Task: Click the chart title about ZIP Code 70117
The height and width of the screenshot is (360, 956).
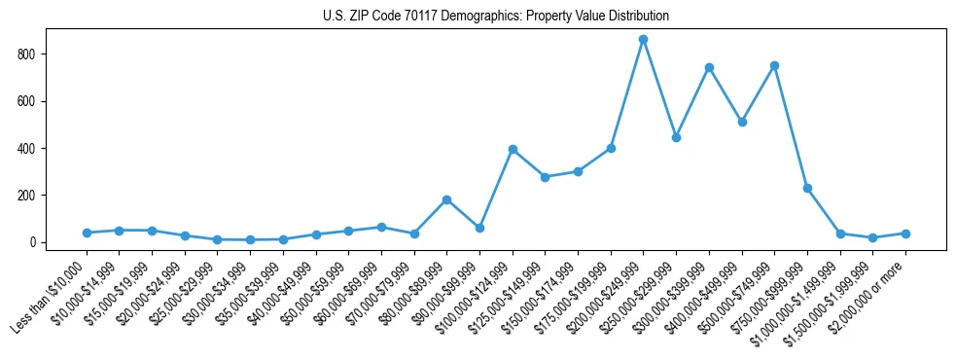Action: tap(496, 17)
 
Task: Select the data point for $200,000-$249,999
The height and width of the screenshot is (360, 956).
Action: tap(643, 39)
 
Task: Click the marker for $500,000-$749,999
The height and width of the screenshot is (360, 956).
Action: tap(774, 65)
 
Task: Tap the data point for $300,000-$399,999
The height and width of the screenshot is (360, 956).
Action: tap(709, 67)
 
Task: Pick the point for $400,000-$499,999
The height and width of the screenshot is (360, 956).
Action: tap(742, 122)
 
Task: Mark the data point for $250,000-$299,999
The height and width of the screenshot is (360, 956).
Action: tap(676, 137)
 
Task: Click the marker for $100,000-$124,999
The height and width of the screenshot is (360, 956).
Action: tap(513, 149)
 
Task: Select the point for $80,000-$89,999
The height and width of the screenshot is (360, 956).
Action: tap(446, 199)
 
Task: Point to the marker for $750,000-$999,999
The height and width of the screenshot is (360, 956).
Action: tap(807, 188)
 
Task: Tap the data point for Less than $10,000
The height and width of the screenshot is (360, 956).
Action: tap(87, 233)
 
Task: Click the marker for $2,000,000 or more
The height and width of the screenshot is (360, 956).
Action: tap(905, 234)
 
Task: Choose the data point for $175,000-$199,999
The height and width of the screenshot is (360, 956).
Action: tap(611, 148)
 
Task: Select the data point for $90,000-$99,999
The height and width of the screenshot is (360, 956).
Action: tap(479, 228)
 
